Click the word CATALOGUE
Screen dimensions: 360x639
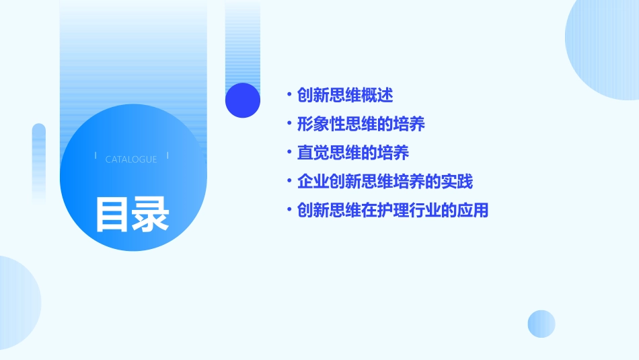click(x=131, y=159)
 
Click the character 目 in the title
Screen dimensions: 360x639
click(x=112, y=214)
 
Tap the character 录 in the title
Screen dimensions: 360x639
click(x=150, y=214)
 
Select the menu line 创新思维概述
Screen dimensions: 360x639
click(x=345, y=95)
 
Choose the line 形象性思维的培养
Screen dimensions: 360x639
click(x=361, y=124)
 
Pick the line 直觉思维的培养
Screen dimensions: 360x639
click(x=353, y=153)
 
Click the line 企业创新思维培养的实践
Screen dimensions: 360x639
click(x=385, y=182)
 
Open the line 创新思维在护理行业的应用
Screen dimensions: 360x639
click(x=393, y=211)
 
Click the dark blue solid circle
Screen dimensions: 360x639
click(x=243, y=100)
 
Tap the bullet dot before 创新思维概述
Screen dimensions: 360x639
click(x=289, y=95)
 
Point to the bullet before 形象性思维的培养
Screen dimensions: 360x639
click(x=289, y=124)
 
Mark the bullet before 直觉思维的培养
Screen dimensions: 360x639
click(x=289, y=153)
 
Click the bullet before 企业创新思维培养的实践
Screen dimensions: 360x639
click(x=289, y=182)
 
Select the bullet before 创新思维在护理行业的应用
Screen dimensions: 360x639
click(x=289, y=211)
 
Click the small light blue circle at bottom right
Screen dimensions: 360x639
click(x=541, y=324)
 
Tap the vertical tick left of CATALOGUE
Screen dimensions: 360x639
click(x=96, y=155)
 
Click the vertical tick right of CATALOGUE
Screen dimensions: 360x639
click(x=167, y=155)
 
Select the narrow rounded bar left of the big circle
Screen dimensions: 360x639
click(x=39, y=161)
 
